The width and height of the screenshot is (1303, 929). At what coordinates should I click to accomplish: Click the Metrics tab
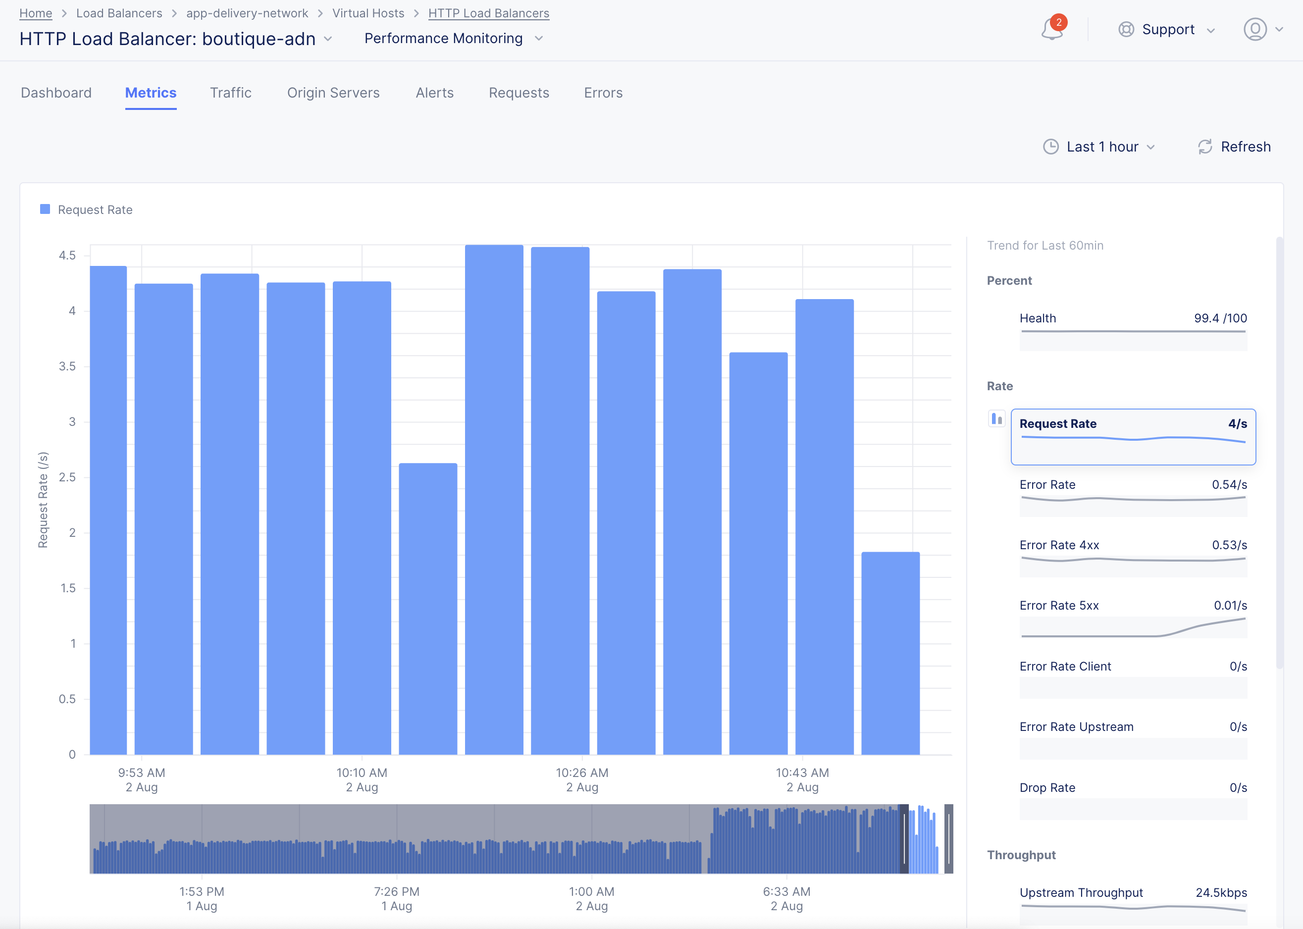click(x=151, y=93)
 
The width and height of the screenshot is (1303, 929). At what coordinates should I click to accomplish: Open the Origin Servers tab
click(x=333, y=93)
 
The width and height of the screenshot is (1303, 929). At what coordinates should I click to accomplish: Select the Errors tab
click(x=603, y=93)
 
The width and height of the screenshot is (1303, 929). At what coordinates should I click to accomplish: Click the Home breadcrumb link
click(x=36, y=13)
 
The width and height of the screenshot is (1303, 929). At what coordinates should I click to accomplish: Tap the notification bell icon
click(x=1051, y=30)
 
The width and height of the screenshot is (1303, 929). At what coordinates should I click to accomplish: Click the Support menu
click(x=1167, y=30)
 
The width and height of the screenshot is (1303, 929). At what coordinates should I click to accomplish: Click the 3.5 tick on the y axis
click(x=67, y=366)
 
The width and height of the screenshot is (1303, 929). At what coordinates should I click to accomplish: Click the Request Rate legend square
click(x=45, y=209)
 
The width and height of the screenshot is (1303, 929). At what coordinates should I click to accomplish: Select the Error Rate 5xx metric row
click(x=1133, y=618)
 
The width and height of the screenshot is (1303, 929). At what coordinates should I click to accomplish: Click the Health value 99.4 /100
click(x=1220, y=318)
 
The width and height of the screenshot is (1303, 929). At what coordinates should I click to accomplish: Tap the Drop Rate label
click(x=1047, y=788)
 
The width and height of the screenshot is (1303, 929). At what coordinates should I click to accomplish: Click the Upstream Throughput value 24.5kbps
click(x=1221, y=892)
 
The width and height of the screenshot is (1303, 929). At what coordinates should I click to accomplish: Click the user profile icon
click(x=1255, y=30)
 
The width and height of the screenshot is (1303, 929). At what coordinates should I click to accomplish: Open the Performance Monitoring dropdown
click(x=453, y=38)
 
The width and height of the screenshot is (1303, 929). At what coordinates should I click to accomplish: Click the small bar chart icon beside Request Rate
click(x=996, y=419)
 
